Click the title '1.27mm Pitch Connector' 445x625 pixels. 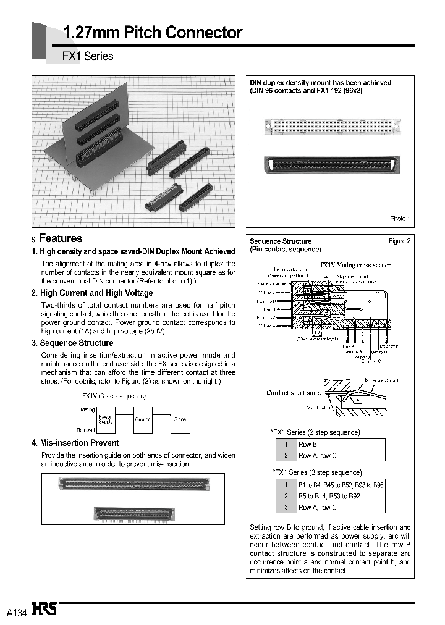pos(153,33)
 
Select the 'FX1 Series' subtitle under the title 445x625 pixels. pos(88,56)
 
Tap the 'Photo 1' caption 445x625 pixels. pos(399,219)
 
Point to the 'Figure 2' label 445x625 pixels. pos(399,241)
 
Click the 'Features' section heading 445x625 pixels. pos(61,238)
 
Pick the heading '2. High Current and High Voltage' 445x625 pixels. pos(91,293)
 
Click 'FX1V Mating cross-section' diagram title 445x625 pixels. pos(355,266)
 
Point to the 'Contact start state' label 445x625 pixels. pos(294,393)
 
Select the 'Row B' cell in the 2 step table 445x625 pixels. pos(308,445)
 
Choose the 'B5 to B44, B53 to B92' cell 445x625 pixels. pos(329,496)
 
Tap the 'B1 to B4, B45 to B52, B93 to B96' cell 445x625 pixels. pos(341,485)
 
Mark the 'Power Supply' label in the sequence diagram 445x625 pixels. pos(106,419)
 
